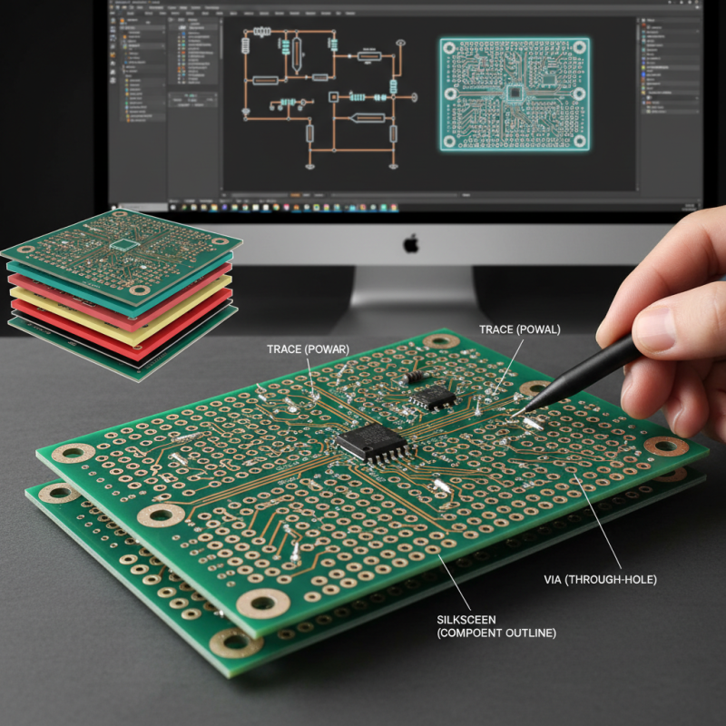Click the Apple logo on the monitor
tap(411, 243)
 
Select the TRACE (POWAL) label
tap(520, 329)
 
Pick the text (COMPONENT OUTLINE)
tap(496, 633)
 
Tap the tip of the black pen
tap(525, 411)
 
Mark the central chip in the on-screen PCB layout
tap(515, 92)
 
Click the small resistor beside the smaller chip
tap(415, 374)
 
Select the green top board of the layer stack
tap(123, 240)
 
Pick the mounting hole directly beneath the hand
tap(666, 446)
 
